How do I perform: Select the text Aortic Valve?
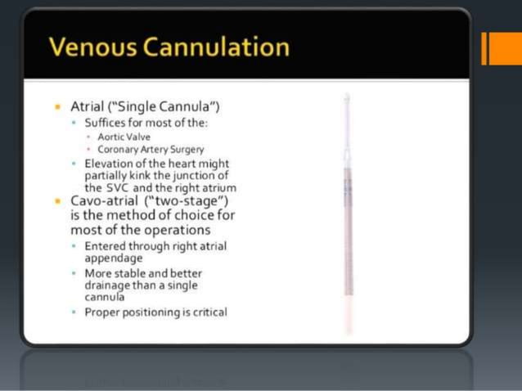click(x=124, y=137)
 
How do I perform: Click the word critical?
click(x=208, y=312)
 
